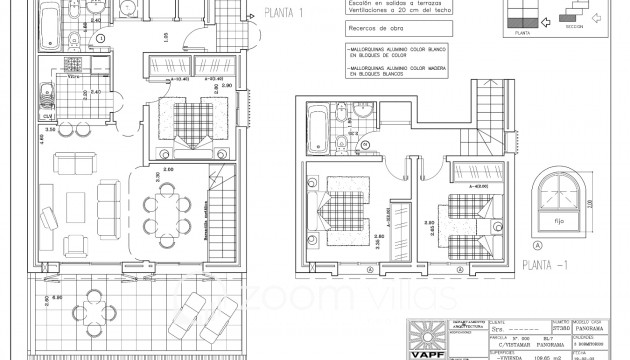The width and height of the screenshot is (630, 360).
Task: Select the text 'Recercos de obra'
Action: [x=372, y=30]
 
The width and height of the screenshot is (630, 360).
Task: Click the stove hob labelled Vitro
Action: [x=73, y=82]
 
